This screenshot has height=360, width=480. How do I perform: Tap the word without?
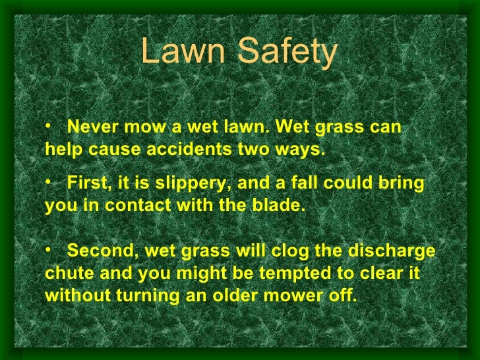[78, 295]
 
